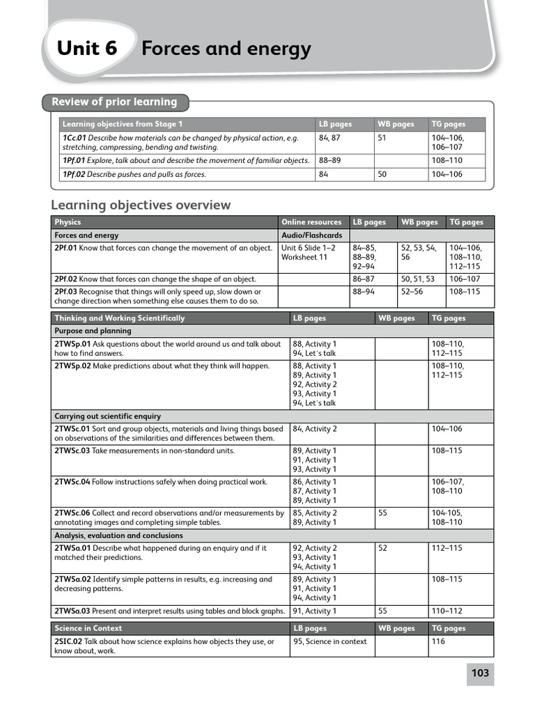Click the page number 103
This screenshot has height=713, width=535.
point(480,673)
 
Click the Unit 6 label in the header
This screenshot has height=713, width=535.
point(87,49)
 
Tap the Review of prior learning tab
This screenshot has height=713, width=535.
point(114,102)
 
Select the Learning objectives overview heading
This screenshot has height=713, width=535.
point(141,205)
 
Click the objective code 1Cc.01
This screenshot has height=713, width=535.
point(75,138)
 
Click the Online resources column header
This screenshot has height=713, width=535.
point(311,222)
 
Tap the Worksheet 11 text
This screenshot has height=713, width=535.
point(304,257)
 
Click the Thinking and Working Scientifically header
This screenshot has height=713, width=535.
point(120,318)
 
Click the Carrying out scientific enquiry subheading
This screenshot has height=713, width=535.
point(108,416)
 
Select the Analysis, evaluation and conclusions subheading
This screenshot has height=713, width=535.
point(118,535)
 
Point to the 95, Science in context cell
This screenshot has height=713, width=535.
point(329,641)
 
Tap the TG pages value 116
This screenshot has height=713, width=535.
point(438,641)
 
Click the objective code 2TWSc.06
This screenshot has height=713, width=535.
point(72,513)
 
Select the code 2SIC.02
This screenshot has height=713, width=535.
point(68,641)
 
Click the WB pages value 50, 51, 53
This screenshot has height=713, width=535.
point(417,279)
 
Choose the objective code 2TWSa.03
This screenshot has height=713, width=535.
point(72,611)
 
